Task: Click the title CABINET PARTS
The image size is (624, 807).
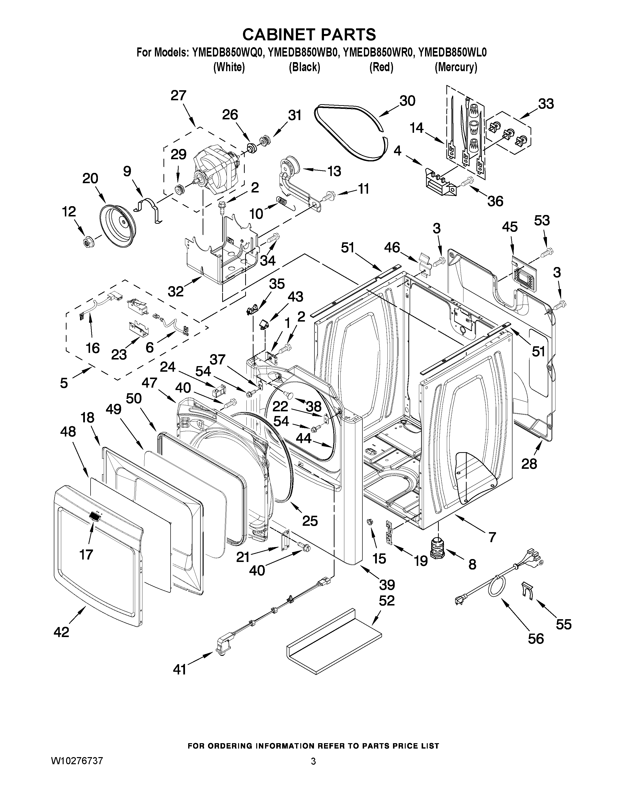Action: [x=309, y=34]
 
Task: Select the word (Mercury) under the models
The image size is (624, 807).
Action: [x=456, y=67]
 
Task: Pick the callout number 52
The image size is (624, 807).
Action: [x=387, y=601]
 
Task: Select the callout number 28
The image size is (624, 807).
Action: [x=529, y=464]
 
